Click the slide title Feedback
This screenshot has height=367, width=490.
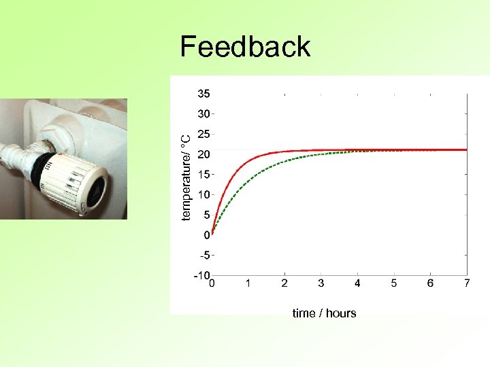coord(245,47)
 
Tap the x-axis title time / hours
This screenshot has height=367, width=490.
coord(324,313)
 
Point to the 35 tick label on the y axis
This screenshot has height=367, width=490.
coord(203,93)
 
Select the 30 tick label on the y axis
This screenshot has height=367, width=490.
coord(203,113)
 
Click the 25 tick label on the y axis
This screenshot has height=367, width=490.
coord(203,134)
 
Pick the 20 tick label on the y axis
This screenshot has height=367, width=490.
coord(203,154)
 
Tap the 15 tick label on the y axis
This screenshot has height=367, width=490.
coord(203,174)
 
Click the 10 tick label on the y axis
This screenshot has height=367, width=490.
coord(203,194)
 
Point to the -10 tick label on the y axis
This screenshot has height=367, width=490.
coord(201,276)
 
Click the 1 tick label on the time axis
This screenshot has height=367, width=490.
coord(248,283)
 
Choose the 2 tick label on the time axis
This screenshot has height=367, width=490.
coord(284,283)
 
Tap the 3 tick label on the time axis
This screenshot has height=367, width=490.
coord(321,283)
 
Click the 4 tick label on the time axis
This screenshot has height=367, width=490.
coord(357,283)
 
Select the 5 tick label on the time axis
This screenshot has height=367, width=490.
coord(394,283)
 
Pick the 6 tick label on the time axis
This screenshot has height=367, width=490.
coord(431,283)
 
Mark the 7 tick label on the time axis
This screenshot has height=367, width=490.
coord(467,283)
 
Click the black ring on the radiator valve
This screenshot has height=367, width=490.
coord(42,167)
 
